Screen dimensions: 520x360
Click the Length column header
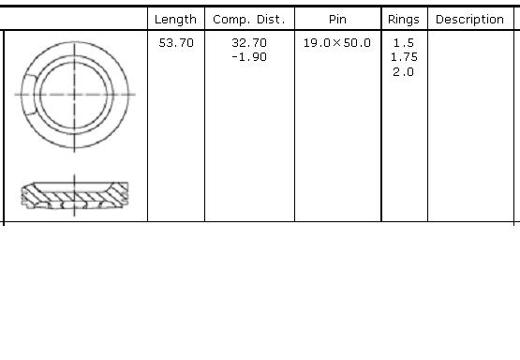175,20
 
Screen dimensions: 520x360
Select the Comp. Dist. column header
249,20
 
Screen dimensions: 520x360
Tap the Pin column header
337,20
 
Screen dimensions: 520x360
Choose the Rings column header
404,20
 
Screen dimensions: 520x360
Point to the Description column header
470,20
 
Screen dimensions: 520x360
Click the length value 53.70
176,43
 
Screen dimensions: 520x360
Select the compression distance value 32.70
249,43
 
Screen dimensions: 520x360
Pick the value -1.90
249,57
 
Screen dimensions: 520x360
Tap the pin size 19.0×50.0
337,43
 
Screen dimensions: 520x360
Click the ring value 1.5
404,43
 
